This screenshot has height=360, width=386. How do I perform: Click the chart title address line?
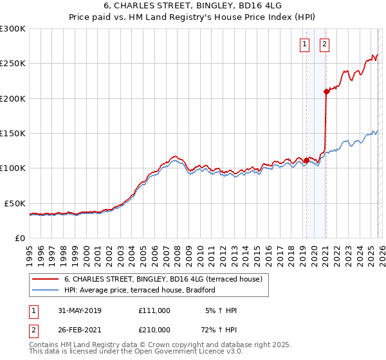(192, 6)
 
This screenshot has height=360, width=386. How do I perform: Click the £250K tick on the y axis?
(12, 64)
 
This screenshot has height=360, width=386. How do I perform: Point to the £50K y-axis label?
(14, 203)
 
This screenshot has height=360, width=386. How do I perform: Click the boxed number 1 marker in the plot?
(304, 44)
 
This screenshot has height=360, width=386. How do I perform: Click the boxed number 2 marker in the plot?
(324, 44)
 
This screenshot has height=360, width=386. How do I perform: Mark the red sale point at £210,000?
(326, 91)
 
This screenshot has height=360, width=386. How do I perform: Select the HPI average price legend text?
(139, 291)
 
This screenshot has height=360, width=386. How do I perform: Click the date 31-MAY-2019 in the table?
(80, 310)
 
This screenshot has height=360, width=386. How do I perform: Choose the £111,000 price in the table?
(154, 310)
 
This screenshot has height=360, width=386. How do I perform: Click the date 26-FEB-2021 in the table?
(80, 330)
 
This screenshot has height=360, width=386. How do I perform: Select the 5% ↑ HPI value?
(221, 310)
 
